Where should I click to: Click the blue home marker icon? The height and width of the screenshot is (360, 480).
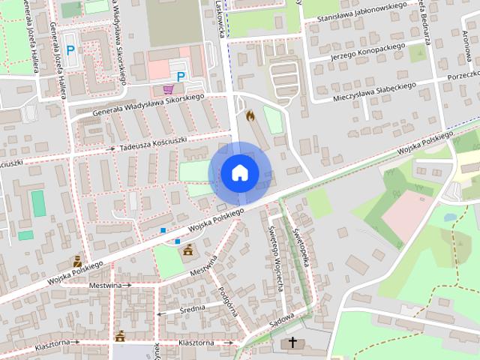click(239, 172)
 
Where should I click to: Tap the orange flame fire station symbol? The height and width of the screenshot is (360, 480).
click(250, 116)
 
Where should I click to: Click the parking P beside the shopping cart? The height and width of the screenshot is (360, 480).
click(180, 76)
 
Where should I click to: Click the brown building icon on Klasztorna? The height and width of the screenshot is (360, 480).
click(120, 335)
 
